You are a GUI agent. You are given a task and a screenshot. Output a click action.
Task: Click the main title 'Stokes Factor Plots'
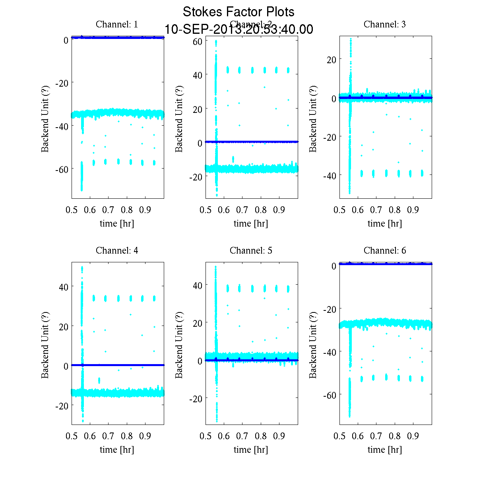[x=238, y=12]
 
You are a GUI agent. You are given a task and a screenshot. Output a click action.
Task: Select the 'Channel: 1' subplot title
[x=117, y=24]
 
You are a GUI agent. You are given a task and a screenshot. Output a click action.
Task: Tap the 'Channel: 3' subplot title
[x=385, y=24]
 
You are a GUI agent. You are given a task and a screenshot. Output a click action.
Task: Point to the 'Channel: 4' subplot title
[x=117, y=250]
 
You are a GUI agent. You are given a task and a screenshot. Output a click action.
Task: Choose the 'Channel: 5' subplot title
[x=251, y=250]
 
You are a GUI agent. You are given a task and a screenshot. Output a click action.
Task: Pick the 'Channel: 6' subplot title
[x=385, y=250]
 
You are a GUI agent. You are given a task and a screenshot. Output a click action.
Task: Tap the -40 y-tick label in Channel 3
[x=330, y=175]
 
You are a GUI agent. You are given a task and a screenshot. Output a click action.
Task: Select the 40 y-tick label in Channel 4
[x=64, y=287]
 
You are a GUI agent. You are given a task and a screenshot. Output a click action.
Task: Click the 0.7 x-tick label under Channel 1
[x=109, y=209]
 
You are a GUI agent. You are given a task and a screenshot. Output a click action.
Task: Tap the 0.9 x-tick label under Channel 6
[x=413, y=436]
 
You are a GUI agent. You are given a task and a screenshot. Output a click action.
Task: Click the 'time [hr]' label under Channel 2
[x=251, y=223]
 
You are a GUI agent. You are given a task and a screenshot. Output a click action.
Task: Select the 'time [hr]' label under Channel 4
[x=117, y=450]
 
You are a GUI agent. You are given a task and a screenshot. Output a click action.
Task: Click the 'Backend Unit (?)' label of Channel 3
[x=313, y=118]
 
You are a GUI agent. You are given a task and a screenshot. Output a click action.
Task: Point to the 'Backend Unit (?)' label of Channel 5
[x=179, y=345]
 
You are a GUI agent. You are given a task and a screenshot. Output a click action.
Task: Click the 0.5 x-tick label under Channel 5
[x=206, y=436]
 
